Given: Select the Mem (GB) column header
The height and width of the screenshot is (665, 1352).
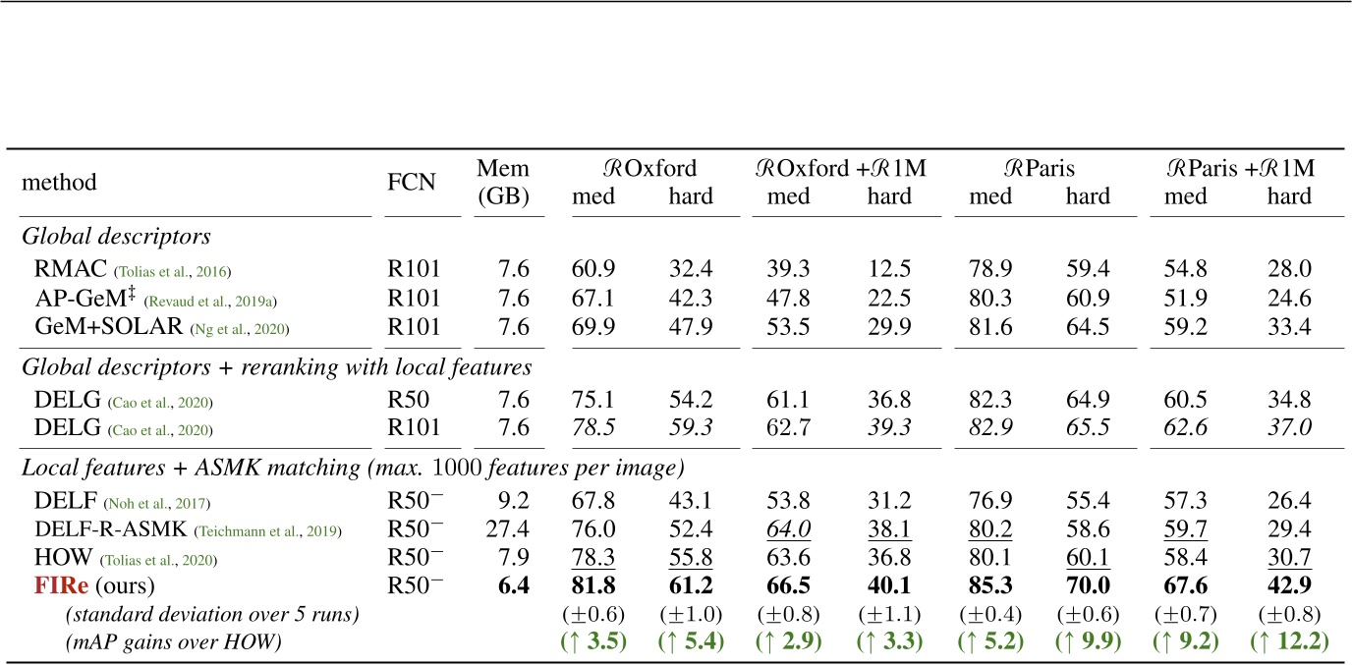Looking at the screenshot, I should (x=502, y=182).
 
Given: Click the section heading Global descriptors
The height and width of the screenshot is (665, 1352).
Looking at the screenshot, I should (x=117, y=237).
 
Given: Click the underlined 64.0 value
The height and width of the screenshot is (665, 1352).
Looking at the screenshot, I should (x=789, y=529).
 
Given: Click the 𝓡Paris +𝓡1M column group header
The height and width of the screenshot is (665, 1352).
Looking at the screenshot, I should (x=1238, y=168).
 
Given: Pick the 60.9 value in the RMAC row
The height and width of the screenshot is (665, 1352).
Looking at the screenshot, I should (x=593, y=268).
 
